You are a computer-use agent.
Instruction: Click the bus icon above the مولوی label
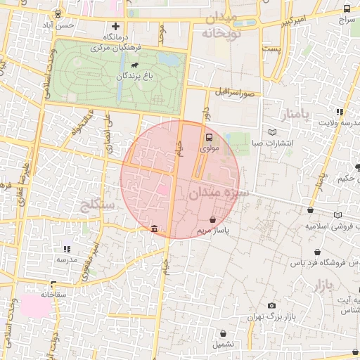[209, 138]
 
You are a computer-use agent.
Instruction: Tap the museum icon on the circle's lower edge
[154, 229]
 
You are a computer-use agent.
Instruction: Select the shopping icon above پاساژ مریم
[212, 219]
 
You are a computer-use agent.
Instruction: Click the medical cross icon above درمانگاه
[116, 26]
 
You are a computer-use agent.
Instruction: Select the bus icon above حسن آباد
[58, 13]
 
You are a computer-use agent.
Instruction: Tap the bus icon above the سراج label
[347, 8]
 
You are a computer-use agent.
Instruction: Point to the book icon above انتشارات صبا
[273, 131]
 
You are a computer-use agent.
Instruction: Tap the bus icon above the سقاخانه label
[51, 284]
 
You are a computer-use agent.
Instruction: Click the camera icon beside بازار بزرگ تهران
[272, 305]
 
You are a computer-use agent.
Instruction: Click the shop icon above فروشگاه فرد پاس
[317, 253]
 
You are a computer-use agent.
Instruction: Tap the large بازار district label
[319, 285]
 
